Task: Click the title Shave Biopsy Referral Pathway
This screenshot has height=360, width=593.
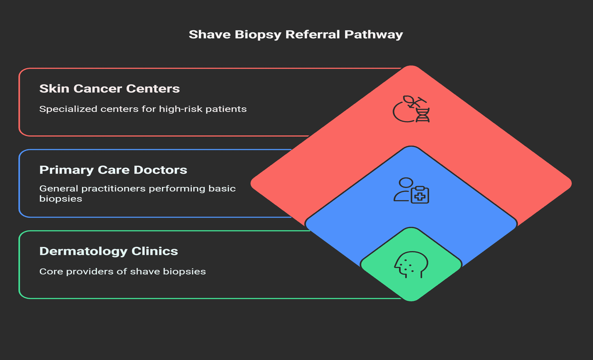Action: click(296, 35)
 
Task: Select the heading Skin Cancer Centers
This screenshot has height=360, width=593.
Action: click(109, 89)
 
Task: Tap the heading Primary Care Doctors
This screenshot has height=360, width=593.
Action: click(113, 170)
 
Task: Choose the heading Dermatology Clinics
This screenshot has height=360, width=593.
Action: click(108, 251)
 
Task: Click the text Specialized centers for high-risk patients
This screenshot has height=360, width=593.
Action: click(143, 109)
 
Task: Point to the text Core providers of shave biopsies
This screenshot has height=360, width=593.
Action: click(123, 271)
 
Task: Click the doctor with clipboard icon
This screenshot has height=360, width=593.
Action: click(411, 190)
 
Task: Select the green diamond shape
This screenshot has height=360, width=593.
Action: click(411, 282)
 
